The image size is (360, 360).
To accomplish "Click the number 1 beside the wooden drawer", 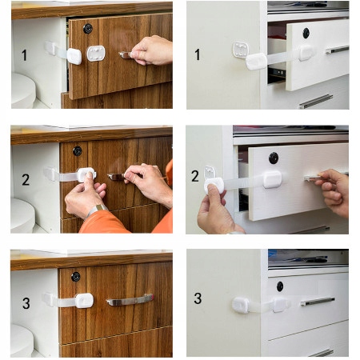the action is click(x=24, y=55).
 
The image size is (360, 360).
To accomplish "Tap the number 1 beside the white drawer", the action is click(x=197, y=54).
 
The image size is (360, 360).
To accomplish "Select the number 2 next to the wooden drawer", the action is click(x=26, y=179).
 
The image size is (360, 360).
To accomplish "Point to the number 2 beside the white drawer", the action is click(x=195, y=176).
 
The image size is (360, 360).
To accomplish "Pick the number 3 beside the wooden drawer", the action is click(x=26, y=303).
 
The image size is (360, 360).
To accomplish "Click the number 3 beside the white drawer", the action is click(x=198, y=298).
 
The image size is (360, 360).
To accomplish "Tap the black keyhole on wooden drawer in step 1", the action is click(x=88, y=29).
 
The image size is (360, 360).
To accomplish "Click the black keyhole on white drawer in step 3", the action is click(x=280, y=286).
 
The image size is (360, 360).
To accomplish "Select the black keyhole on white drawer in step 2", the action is click(x=274, y=158).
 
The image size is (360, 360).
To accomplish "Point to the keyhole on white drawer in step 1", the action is click(x=306, y=33).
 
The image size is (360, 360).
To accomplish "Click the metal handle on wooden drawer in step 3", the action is click(x=130, y=300).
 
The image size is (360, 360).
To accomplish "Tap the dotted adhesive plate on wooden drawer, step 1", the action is click(x=96, y=53).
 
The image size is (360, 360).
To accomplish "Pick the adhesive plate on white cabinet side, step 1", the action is click(x=241, y=50).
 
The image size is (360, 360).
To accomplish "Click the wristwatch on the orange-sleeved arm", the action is click(x=96, y=210).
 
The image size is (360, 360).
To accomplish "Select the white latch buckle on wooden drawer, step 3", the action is click(x=84, y=301).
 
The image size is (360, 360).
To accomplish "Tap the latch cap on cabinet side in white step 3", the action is click(x=241, y=305).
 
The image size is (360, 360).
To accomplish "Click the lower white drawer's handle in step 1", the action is click(x=316, y=102).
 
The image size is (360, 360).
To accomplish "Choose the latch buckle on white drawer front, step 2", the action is click(x=272, y=179).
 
